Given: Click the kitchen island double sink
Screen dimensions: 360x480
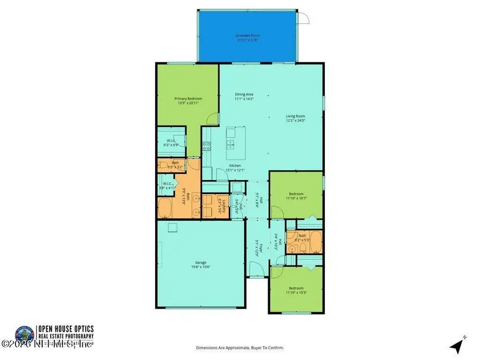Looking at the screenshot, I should [x=231, y=143].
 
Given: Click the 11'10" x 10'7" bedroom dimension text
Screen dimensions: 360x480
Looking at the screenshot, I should [x=296, y=198].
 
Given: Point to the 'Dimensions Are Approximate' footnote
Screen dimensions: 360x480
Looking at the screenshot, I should [x=240, y=347].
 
